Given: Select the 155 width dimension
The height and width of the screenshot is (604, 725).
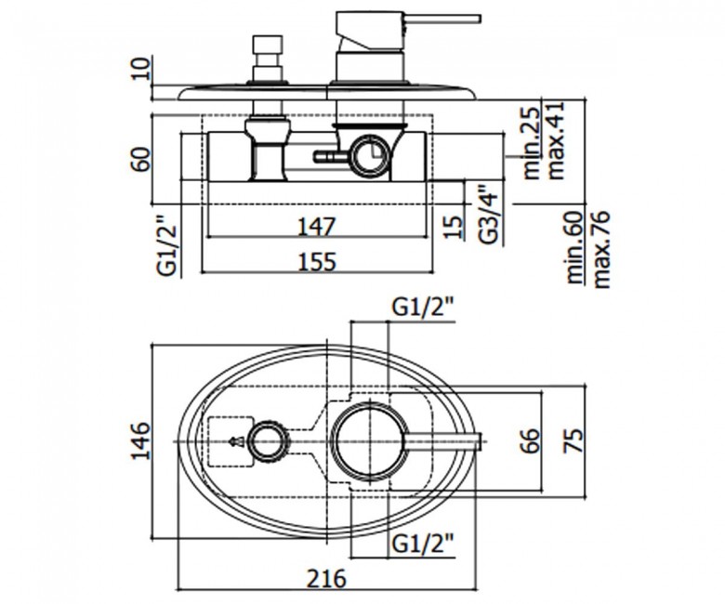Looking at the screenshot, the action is (317, 262).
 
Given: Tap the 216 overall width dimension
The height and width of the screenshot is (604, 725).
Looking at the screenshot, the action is (327, 578).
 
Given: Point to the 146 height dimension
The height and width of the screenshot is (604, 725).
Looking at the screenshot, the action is (141, 440).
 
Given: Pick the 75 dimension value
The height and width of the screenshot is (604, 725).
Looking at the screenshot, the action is (573, 440).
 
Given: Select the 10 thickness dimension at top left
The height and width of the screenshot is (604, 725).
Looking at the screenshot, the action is (141, 69).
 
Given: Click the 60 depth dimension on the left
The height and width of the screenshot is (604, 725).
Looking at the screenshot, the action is (141, 159).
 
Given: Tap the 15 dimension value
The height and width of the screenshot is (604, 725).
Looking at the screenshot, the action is (454, 227).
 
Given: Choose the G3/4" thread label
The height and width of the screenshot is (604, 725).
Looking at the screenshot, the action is (489, 215).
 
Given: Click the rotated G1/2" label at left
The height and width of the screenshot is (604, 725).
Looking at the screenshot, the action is (167, 245).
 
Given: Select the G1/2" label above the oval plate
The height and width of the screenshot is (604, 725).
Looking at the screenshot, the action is (423, 307).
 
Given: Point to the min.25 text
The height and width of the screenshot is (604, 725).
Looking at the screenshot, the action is (532, 143).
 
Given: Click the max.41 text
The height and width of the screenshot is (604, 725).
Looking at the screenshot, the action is (555, 140).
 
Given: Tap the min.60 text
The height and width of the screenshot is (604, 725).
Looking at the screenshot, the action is (574, 247).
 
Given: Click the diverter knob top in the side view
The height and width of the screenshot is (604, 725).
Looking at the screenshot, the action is (268, 45).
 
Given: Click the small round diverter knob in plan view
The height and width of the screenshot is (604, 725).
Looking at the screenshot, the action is (269, 441).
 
